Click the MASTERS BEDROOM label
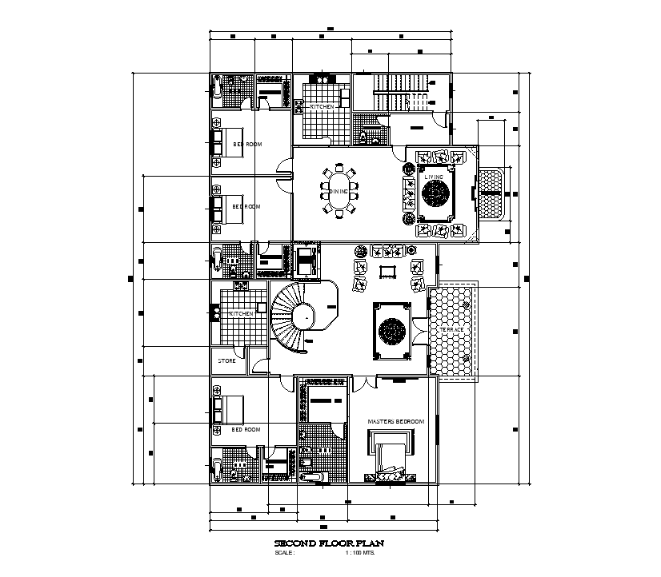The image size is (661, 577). tap(395, 421)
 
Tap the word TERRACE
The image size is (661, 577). tap(451, 329)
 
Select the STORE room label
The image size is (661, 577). tap(227, 361)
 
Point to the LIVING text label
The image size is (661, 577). tap(434, 177)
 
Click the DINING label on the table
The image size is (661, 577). tap(339, 191)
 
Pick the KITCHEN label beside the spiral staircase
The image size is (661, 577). tap(241, 314)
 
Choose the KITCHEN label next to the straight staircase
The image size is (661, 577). tap(322, 106)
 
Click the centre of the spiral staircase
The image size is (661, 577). tap(304, 317)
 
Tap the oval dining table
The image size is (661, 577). tap(340, 191)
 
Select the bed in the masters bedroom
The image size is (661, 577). tap(391, 453)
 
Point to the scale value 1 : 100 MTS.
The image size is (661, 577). tap(360, 552)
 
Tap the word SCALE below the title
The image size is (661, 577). tap(284, 552)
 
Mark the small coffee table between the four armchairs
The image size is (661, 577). tap(387, 271)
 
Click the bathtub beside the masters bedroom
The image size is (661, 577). tap(316, 477)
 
